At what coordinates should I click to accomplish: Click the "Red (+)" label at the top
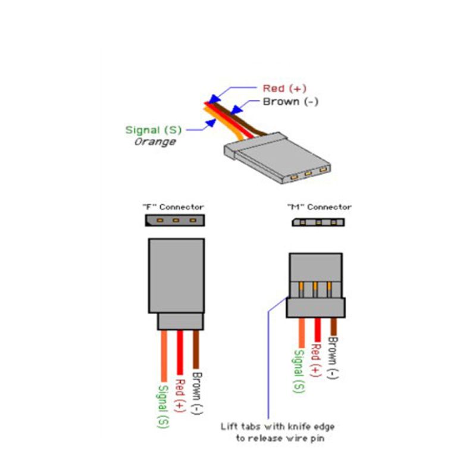[284, 88]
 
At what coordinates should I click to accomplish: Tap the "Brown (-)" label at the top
[290, 102]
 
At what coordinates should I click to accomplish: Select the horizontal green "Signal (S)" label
[154, 130]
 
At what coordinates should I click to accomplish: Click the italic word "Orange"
[155, 142]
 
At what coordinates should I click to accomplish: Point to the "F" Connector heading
[173, 207]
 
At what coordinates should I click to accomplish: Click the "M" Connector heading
[320, 207]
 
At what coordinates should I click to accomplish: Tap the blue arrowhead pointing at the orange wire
[211, 123]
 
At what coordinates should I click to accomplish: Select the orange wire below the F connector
[164, 356]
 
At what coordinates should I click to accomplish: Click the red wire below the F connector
[180, 352]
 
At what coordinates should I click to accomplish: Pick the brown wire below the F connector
[196, 349]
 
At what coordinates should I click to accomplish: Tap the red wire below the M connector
[318, 330]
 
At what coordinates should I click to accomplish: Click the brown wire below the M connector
[333, 327]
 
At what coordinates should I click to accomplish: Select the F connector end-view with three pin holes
[175, 220]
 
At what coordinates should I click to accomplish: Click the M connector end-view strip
[318, 222]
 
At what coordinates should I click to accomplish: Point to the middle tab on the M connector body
[315, 290]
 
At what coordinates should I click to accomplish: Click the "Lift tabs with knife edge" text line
[277, 427]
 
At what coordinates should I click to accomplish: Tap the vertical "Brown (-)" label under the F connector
[197, 393]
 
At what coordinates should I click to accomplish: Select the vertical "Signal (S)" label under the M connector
[299, 371]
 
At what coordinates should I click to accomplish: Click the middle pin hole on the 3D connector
[308, 174]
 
